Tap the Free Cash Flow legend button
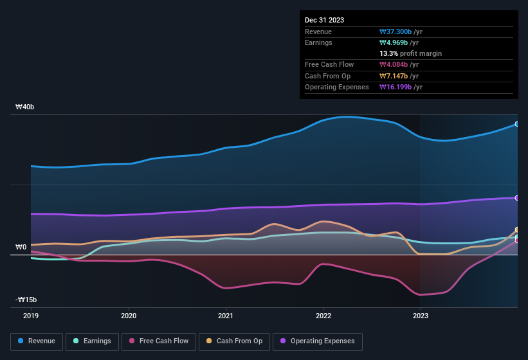coord(159,341)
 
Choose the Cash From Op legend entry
coord(235,341)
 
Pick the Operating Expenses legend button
coord(318,341)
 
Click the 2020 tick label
coord(129,316)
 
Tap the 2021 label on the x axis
coord(226,316)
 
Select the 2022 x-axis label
coord(323,316)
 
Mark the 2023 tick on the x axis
coord(420,316)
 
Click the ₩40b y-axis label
coord(24,107)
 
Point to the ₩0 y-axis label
coord(21,247)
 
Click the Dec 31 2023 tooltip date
coord(324,20)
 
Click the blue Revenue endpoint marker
coord(516,124)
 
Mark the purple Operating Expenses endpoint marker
coord(516,198)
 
